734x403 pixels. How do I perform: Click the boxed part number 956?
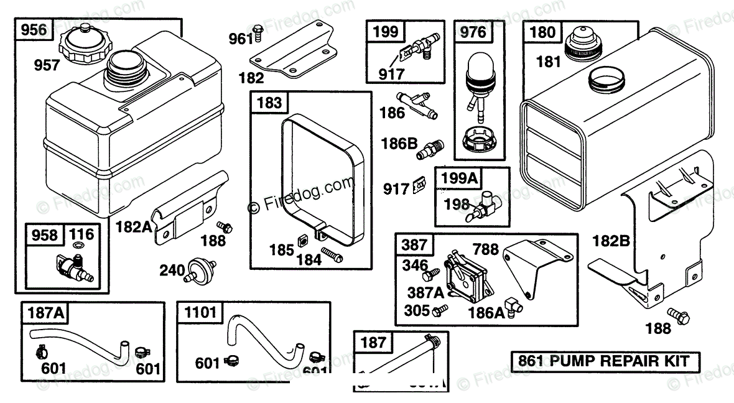tap(34, 29)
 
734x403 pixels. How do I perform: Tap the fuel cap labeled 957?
tap(82, 45)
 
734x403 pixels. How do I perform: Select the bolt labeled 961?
tap(258, 31)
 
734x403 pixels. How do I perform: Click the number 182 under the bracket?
tap(251, 78)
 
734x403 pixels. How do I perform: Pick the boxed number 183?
tap(269, 103)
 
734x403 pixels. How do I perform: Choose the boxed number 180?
tap(542, 32)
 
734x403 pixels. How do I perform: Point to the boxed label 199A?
tap(460, 178)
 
